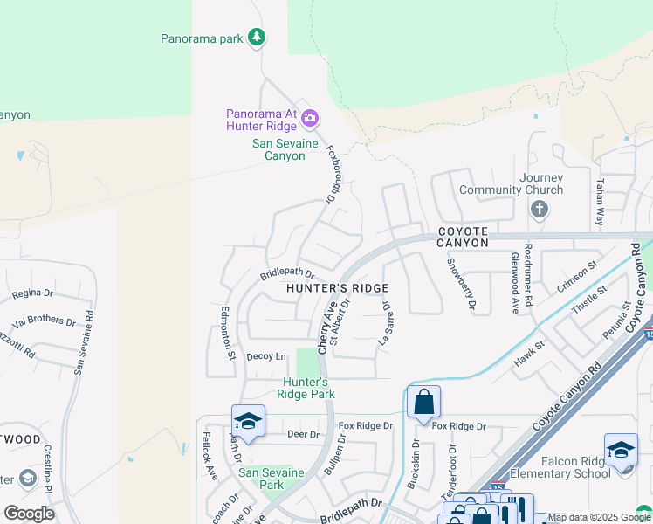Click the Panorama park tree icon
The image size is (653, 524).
click(256, 37)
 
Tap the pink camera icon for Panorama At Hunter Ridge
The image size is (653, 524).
click(309, 118)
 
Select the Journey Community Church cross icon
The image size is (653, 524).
click(540, 209)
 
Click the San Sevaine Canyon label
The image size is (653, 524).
click(278, 149)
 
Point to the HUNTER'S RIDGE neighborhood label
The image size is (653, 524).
click(337, 287)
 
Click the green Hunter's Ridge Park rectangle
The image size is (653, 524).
click(306, 362)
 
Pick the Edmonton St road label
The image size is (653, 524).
click(230, 332)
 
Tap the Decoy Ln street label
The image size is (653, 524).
click(266, 356)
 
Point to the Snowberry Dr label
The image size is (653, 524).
click(461, 284)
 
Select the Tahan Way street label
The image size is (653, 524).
click(599, 203)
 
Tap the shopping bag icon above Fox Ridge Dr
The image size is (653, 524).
click(423, 403)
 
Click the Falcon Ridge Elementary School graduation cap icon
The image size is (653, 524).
click(621, 450)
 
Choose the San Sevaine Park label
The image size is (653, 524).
click(272, 479)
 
